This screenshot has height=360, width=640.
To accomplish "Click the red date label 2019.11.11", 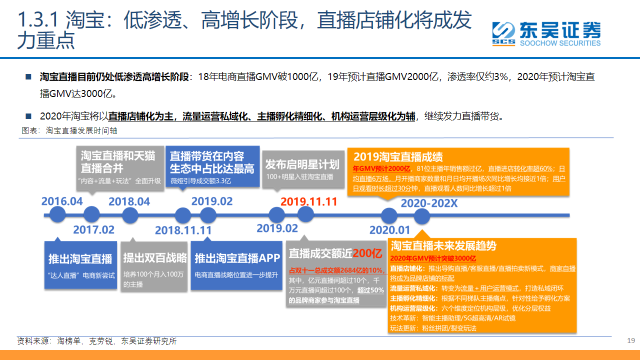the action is (x=309, y=201).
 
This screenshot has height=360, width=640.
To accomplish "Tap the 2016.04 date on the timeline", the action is (x=62, y=201).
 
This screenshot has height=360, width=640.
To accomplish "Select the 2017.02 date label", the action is (x=93, y=229).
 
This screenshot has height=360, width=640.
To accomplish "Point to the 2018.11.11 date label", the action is (x=183, y=230).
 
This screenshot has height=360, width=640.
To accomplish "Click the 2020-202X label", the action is (x=429, y=203).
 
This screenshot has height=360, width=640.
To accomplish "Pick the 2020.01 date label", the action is (x=389, y=230).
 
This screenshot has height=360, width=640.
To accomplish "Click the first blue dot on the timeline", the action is (x=57, y=215).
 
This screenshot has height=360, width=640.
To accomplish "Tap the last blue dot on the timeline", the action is (x=422, y=216).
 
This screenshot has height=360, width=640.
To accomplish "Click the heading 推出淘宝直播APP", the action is (x=237, y=258).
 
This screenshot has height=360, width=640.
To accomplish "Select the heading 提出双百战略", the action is (x=155, y=257).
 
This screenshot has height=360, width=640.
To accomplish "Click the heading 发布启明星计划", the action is (x=302, y=164).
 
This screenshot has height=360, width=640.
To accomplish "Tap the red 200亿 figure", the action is (x=367, y=253).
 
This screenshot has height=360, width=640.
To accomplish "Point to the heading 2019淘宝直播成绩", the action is (x=398, y=156).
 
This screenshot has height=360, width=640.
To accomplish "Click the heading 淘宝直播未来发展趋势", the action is (x=443, y=245).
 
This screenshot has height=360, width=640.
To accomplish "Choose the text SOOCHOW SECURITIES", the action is (x=560, y=43).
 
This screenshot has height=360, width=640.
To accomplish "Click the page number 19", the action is (x=631, y=340).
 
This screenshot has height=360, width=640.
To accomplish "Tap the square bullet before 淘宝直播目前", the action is (x=28, y=76).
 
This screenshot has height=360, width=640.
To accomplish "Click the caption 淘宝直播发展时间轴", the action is (x=81, y=130).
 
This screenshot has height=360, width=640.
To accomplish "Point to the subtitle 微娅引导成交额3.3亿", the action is (x=200, y=181).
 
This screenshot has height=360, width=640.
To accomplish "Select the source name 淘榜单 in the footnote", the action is (x=68, y=341).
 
